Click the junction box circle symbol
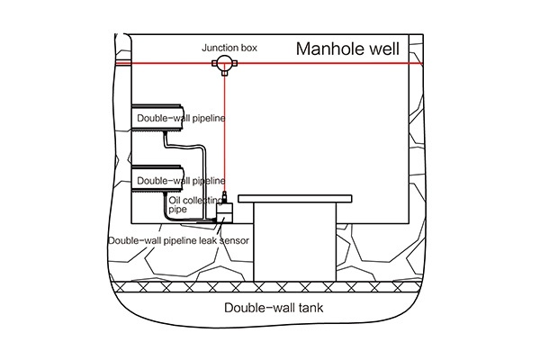[221, 63]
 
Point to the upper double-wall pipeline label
[181, 118]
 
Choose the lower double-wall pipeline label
[181, 181]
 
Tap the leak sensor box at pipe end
[224, 211]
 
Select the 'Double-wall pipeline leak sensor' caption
[178, 240]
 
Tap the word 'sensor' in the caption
[233, 240]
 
